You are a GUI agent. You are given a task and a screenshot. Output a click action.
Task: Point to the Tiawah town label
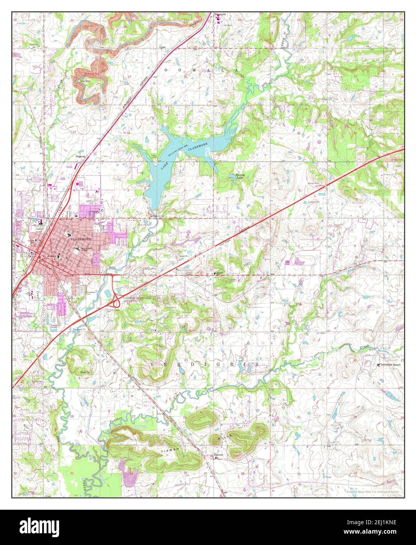tap(218, 455)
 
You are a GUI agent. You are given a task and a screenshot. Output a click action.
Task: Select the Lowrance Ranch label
tap(391, 365)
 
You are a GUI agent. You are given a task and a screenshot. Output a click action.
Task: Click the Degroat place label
tap(81, 156)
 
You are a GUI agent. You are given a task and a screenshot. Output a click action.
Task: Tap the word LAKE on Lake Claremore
tap(164, 165)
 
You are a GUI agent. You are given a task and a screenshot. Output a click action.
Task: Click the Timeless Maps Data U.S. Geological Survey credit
tap(372, 491)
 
